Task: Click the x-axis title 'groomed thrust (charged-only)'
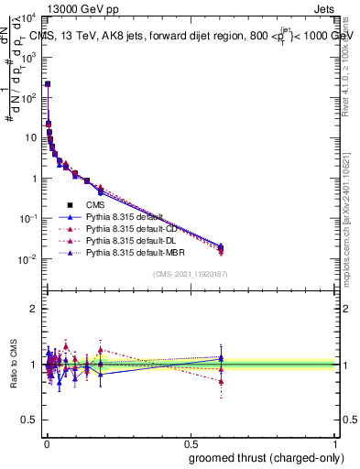coord(265,456)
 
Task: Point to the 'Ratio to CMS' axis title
coord(13,365)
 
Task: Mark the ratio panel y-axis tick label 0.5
coord(29,420)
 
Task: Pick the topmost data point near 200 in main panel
coord(48,83)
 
